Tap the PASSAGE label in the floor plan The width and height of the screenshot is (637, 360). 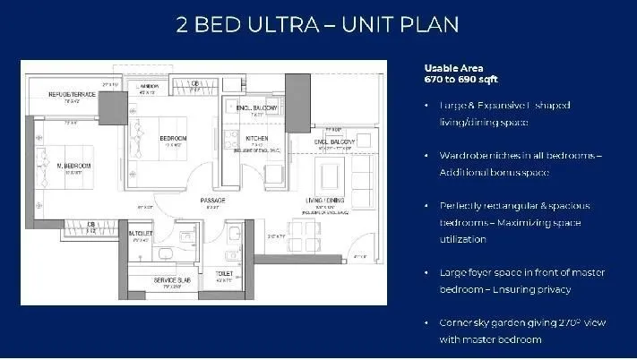click(212, 199)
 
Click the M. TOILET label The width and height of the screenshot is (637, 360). click(140, 233)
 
